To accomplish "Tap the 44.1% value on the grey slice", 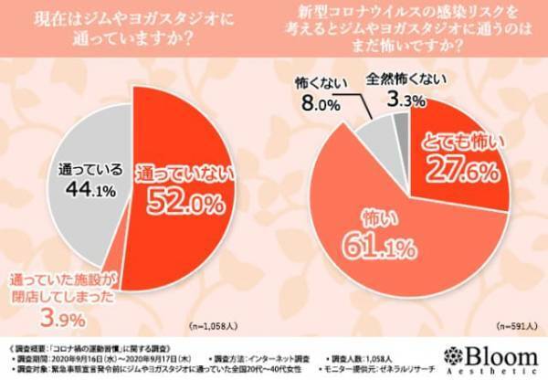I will tap(80, 190).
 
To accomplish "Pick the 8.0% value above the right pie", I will tap(317, 103).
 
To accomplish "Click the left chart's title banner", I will tap(133, 29).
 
